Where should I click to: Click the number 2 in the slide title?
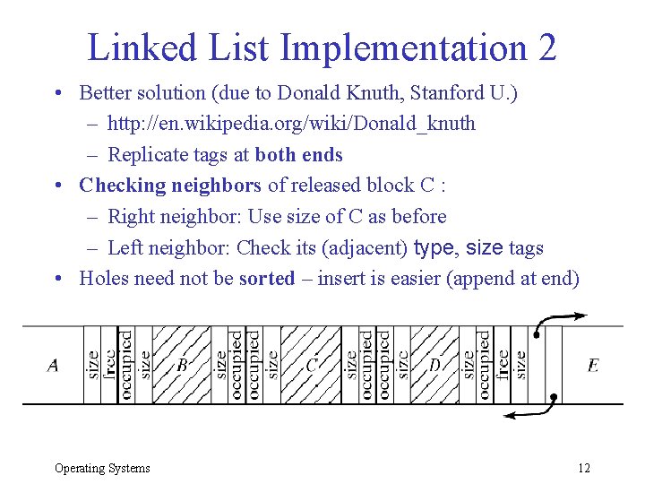click(546, 47)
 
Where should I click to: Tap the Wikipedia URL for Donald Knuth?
click(291, 123)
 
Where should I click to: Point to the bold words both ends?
click(298, 154)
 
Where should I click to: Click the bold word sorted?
click(266, 278)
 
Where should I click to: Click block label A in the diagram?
click(53, 365)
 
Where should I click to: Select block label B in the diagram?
click(182, 365)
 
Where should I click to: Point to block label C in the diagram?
click(312, 365)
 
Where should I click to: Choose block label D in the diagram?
click(435, 365)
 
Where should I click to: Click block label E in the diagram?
click(593, 365)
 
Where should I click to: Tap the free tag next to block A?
click(109, 363)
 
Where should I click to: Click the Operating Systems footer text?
click(102, 468)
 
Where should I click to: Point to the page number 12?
click(584, 468)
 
